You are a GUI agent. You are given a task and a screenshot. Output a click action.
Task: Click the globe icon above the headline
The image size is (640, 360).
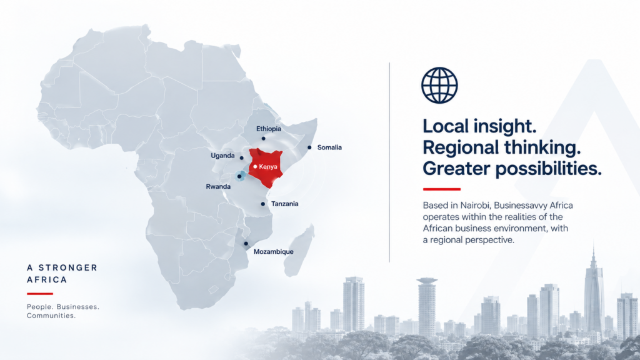point(439,85)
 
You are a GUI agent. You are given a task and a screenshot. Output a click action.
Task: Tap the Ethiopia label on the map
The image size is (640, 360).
point(269,129)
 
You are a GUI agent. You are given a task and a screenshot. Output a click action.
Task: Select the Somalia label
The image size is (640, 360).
point(329,147)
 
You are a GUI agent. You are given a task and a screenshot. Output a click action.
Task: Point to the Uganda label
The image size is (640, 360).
point(222,156)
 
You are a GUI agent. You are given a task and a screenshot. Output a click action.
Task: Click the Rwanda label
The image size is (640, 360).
point(218,186)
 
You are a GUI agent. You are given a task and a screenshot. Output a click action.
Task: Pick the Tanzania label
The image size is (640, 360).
point(284,204)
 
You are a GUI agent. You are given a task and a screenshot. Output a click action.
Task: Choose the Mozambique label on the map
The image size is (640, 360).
point(274,252)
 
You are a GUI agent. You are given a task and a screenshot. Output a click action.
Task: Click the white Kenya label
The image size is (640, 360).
point(268,166)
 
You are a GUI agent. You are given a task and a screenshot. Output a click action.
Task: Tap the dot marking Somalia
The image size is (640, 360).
point(309,147)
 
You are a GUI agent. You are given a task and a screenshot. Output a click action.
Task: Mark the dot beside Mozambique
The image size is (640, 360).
point(246,244)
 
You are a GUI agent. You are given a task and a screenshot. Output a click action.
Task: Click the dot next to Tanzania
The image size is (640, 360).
point(263,204)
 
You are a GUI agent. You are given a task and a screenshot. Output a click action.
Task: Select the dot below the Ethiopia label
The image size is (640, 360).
point(263,138)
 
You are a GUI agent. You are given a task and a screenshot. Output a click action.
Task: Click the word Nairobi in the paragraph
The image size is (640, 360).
point(475,205)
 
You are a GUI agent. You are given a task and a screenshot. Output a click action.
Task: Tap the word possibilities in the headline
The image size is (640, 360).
point(549,169)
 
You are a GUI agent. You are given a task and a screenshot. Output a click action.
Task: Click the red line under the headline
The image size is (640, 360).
point(442,189)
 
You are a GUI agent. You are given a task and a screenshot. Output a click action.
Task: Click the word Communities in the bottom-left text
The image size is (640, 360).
point(51,316)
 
